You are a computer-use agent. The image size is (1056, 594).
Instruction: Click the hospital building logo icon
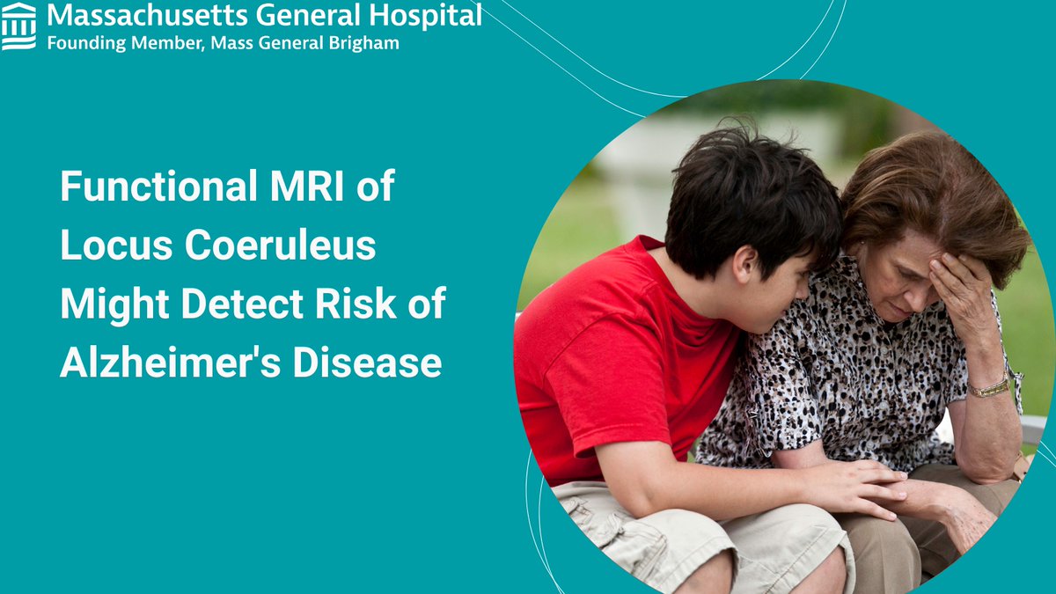pyautogui.click(x=19, y=26)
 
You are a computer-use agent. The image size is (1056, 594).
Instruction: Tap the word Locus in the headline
pyautogui.click(x=113, y=246)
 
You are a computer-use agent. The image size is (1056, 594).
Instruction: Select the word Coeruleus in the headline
pyautogui.click(x=280, y=246)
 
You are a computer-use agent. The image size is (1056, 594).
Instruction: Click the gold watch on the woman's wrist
pyautogui.click(x=989, y=387)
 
